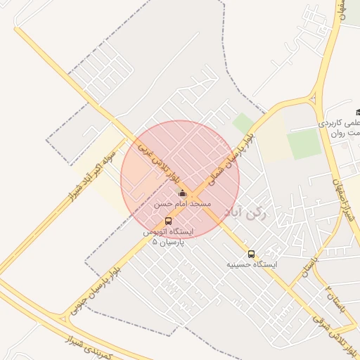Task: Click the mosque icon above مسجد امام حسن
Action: tap(182, 193)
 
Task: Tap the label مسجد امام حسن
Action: tap(183, 203)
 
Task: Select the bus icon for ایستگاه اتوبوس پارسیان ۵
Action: tap(167, 221)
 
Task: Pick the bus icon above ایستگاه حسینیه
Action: tap(251, 255)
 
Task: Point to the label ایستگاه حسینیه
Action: tap(252, 265)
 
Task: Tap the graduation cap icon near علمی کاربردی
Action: tap(358, 112)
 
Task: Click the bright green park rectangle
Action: tap(304, 144)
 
